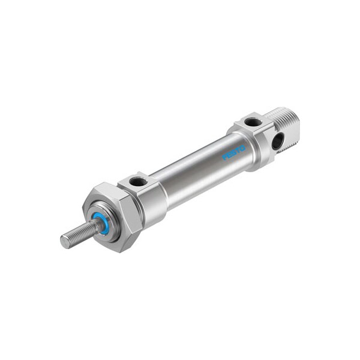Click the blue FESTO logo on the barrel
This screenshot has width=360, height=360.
click(234, 152)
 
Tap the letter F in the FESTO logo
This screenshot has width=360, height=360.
click(224, 157)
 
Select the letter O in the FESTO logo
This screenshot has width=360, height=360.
click(242, 148)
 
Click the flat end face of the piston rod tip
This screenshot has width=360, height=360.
click(65, 242)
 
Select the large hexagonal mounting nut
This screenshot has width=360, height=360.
click(113, 217)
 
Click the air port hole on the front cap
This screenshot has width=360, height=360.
click(138, 182)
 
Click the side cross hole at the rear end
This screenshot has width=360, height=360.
click(277, 141)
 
